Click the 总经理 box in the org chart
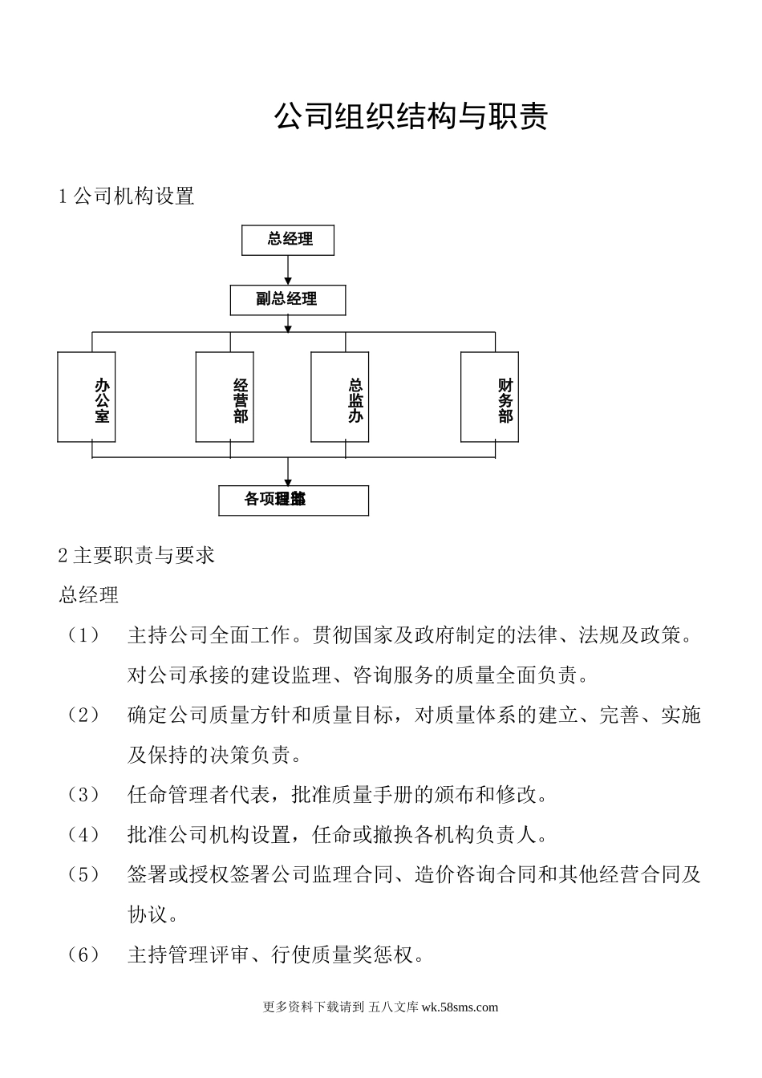pyautogui.click(x=288, y=240)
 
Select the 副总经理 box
pyautogui.click(x=288, y=300)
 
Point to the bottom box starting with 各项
pyautogui.click(x=294, y=500)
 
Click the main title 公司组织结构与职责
pyautogui.click(x=411, y=116)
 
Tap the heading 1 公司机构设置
pyautogui.click(x=127, y=196)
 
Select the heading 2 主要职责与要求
pyautogui.click(x=136, y=555)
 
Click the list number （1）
pyautogui.click(x=83, y=635)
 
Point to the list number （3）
pyautogui.click(x=83, y=795)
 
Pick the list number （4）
pyautogui.click(x=83, y=835)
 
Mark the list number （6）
pyautogui.click(x=83, y=954)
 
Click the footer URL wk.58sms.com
pyautogui.click(x=460, y=1007)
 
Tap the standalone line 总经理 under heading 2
pyautogui.click(x=89, y=595)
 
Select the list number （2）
pyautogui.click(x=83, y=715)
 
